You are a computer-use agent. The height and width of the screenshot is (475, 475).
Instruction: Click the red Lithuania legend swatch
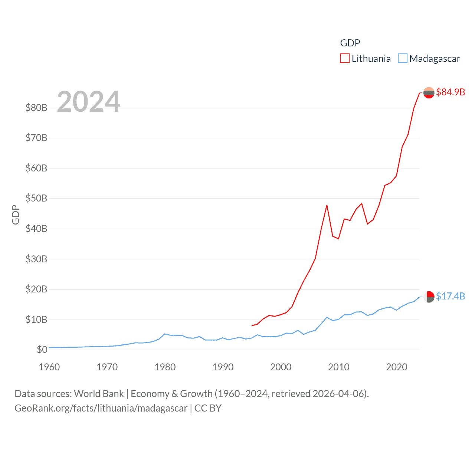345,59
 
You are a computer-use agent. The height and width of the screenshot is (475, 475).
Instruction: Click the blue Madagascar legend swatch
402,59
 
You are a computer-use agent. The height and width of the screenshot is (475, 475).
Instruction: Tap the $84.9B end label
451,92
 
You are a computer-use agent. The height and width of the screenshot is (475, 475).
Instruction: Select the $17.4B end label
451,296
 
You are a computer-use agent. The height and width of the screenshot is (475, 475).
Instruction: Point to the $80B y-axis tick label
36,108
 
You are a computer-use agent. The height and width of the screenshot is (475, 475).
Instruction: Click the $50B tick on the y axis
36,198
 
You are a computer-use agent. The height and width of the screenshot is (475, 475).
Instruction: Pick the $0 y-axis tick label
42,350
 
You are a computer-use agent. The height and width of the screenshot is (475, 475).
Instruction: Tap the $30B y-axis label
36,259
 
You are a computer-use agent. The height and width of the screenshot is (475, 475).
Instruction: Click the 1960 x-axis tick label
49,367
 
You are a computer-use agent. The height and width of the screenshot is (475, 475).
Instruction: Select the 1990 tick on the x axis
223,367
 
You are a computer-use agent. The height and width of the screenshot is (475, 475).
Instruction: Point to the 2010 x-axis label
338,367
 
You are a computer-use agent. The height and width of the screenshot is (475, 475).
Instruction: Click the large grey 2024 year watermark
89,101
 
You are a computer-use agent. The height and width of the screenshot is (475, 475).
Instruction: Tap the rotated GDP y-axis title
16,214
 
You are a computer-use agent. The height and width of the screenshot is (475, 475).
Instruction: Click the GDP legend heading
350,43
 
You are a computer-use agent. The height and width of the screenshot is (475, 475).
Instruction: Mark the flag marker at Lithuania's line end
429,92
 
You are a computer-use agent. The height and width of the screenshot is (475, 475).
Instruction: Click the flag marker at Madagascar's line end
429,297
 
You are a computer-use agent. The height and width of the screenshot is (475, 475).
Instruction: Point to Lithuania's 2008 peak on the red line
327,205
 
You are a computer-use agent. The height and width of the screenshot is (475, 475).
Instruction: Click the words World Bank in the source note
99,393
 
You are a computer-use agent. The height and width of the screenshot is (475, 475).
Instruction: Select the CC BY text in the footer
208,408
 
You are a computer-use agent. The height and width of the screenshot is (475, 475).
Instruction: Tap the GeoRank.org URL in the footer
101,408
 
